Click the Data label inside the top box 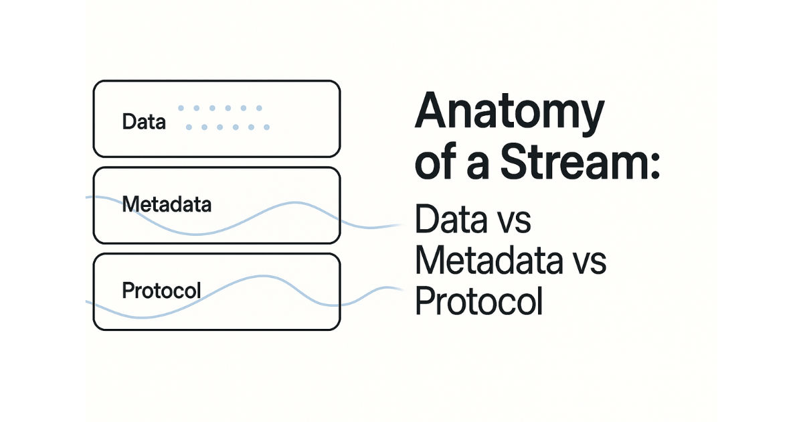pos(144,122)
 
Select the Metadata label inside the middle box pos(167,204)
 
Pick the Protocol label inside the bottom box pos(161,290)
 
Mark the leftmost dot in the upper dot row pos(180,108)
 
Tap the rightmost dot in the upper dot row pos(260,108)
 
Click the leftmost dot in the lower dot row pos(188,127)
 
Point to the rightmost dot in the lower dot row pos(267,127)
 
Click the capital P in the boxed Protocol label pos(128,290)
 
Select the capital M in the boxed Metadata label pos(130,204)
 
